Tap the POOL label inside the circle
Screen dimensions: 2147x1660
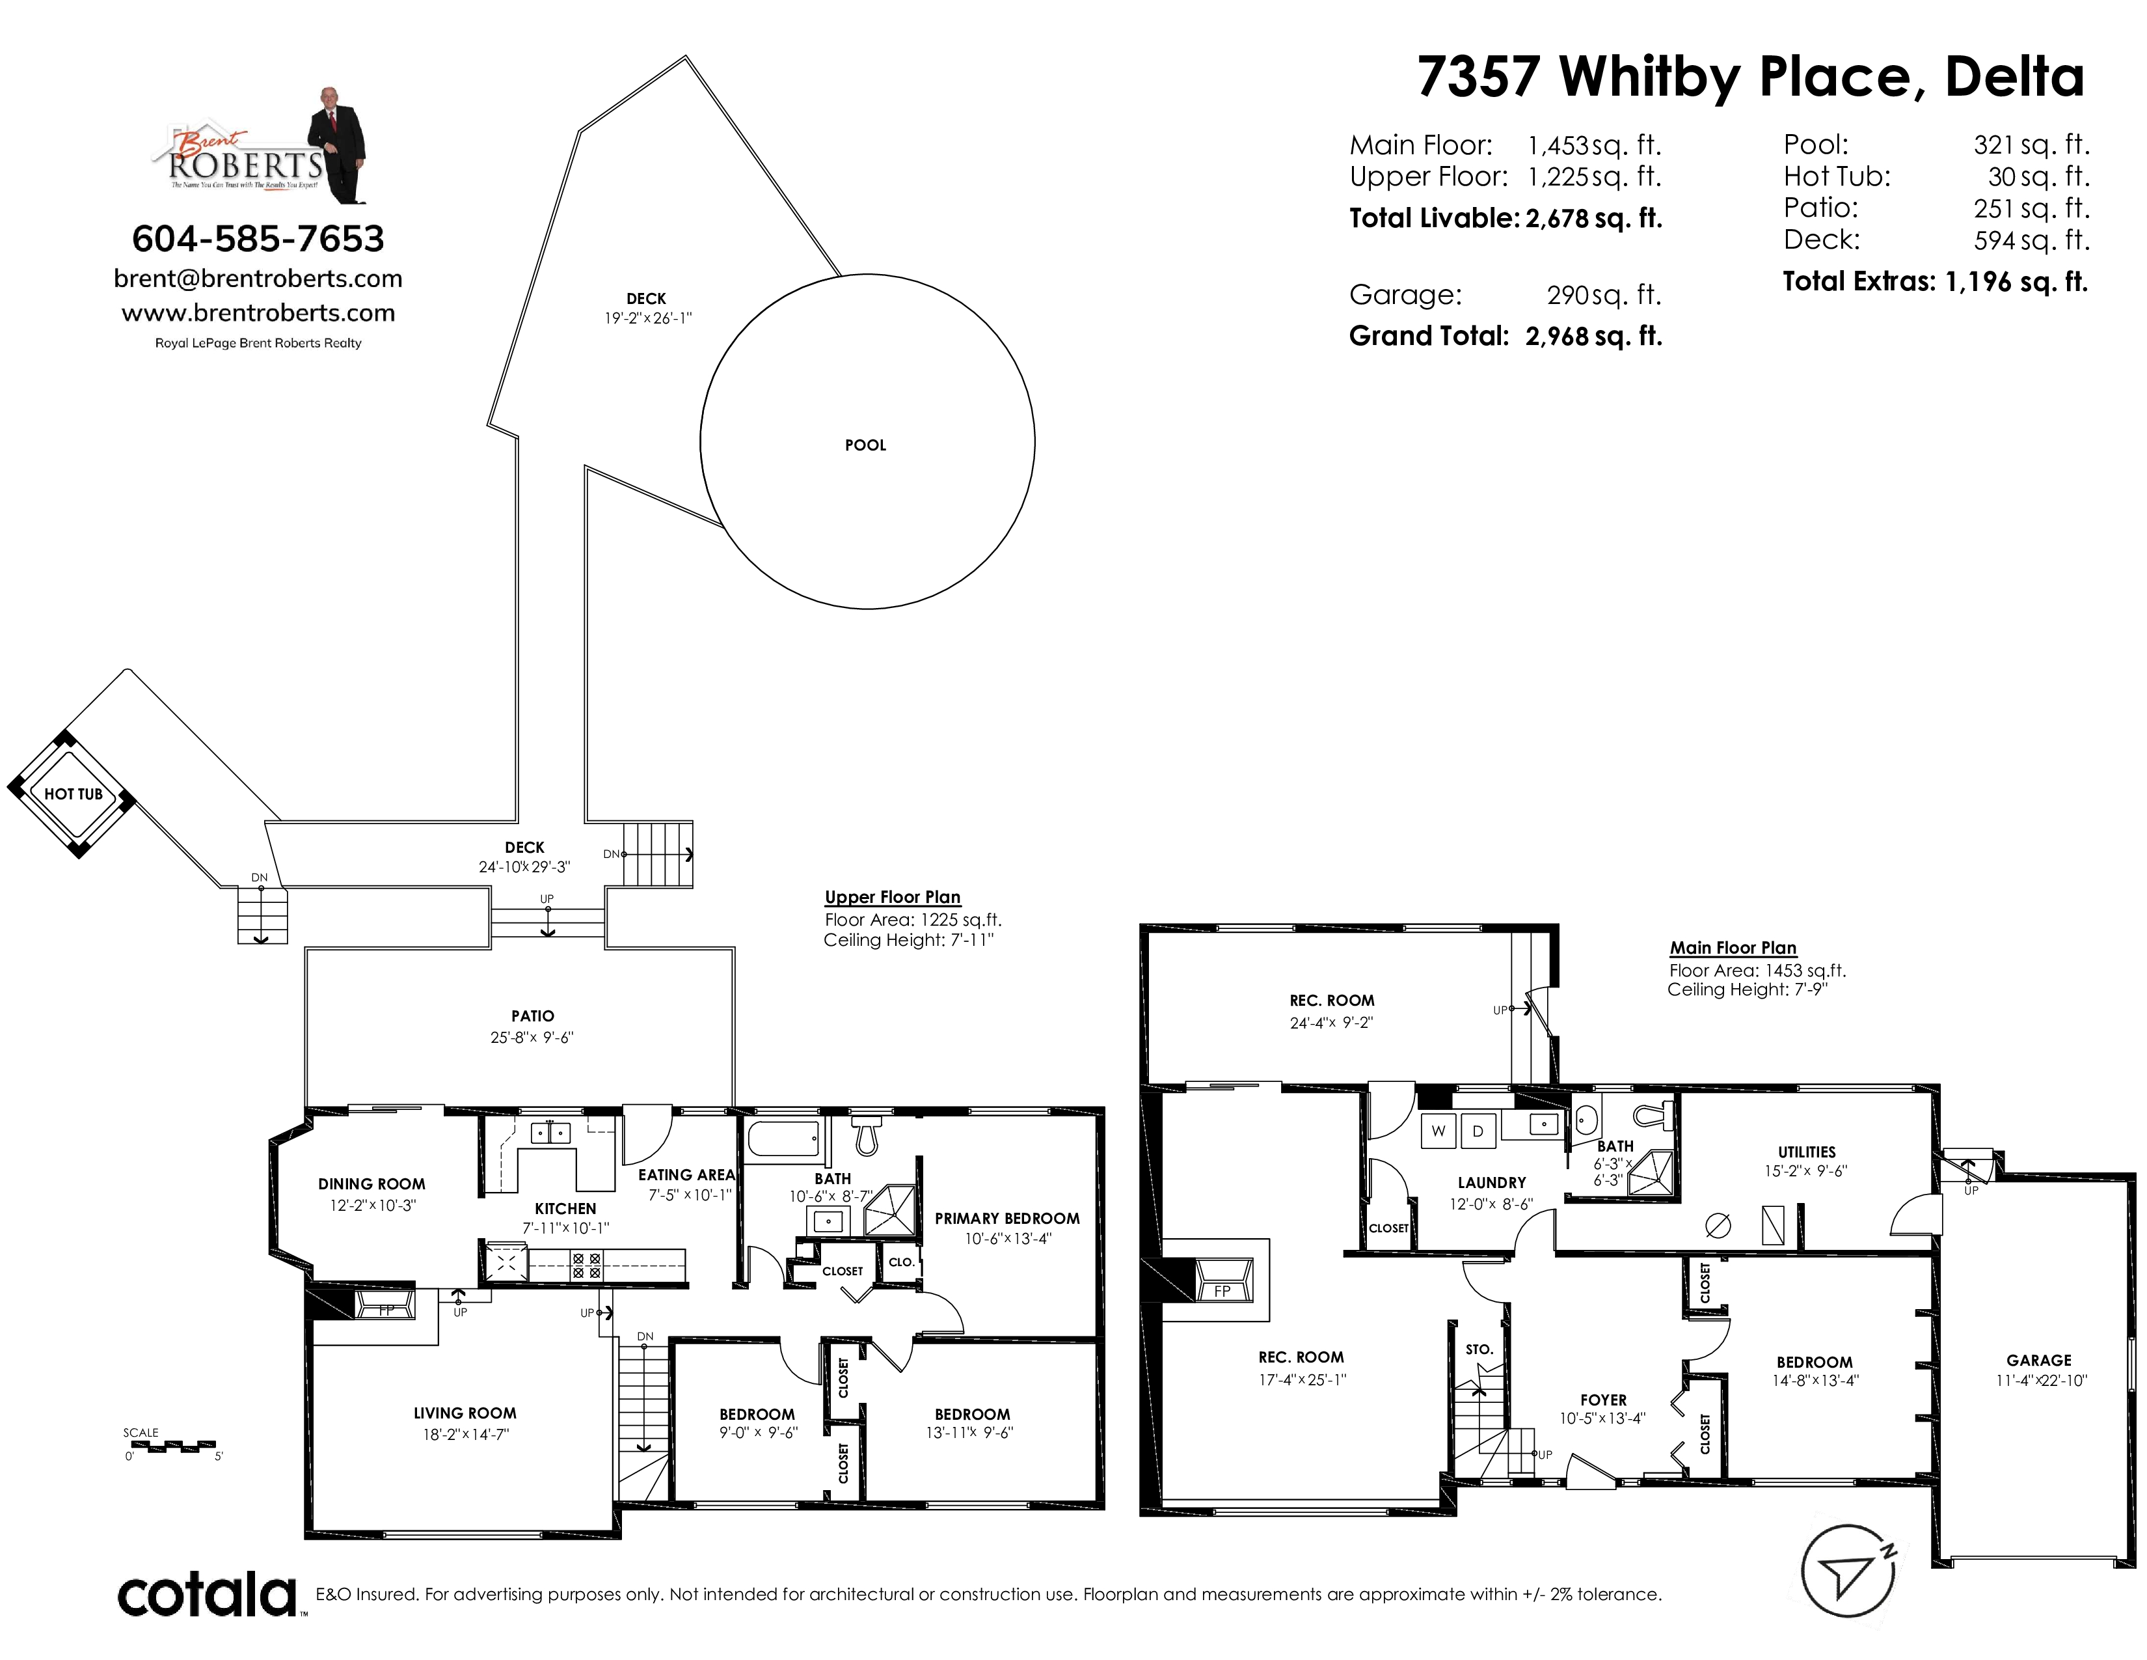tap(865, 445)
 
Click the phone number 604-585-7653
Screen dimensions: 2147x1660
tap(258, 239)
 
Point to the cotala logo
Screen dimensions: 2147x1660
tap(208, 1595)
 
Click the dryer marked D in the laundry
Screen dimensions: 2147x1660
tap(1478, 1131)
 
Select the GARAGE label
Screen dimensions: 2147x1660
tap(2039, 1360)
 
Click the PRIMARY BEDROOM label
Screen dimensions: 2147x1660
tap(1006, 1219)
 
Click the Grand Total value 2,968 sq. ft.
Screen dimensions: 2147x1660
tap(1593, 337)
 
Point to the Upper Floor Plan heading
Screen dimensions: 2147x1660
tap(893, 897)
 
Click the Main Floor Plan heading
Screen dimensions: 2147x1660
tap(1733, 948)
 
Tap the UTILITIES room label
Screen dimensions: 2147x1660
tap(1807, 1152)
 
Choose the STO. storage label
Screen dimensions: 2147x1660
tap(1479, 1349)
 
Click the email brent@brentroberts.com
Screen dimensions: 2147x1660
tap(258, 279)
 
